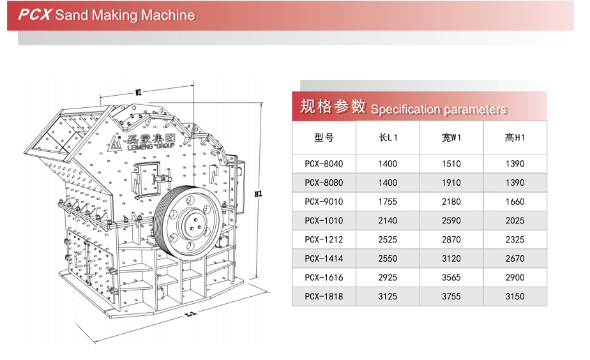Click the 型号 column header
pos(324,137)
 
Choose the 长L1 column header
pos(388,137)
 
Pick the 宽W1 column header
pos(451,137)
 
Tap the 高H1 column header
pos(515,137)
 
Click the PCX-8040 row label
pos(324,164)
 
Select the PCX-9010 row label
pos(324,202)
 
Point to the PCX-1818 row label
pos(324,296)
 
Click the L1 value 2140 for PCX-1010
pos(388,221)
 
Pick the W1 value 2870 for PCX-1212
pos(451,239)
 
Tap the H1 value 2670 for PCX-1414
pos(515,259)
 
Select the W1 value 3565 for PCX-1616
pos(451,278)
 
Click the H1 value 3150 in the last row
pos(515,296)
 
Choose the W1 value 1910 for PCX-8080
pos(451,183)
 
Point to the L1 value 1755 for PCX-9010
pos(388,202)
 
